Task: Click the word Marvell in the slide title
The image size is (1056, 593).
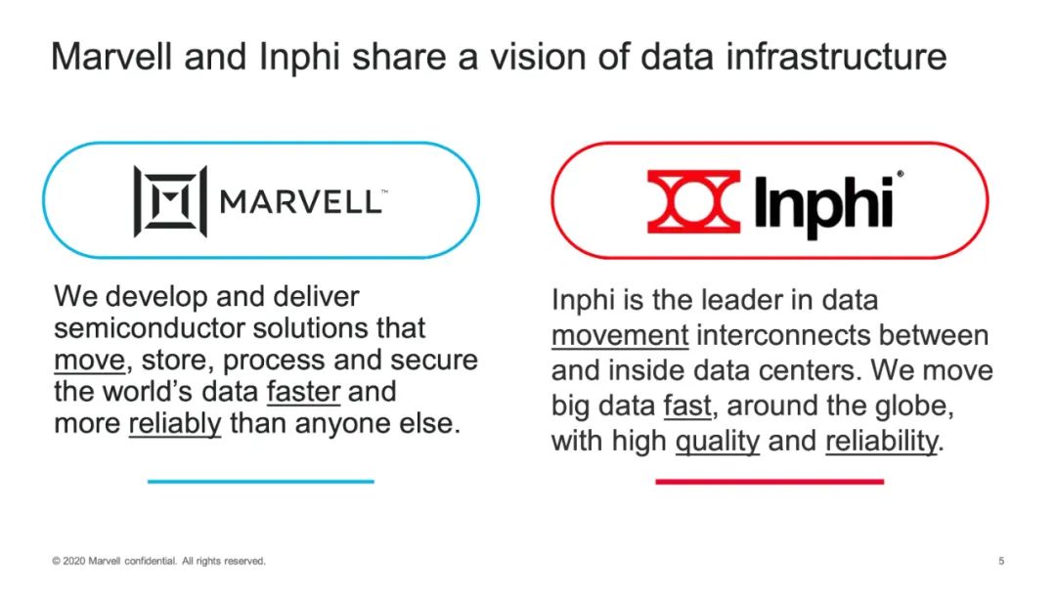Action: (x=111, y=56)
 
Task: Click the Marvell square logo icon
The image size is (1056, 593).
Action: (x=170, y=201)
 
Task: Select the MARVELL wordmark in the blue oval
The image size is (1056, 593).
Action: (x=304, y=202)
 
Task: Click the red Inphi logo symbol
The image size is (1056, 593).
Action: (x=693, y=201)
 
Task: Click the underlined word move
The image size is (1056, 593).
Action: (x=90, y=360)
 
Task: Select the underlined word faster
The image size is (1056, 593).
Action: (x=304, y=392)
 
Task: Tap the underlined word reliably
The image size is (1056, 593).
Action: (x=175, y=424)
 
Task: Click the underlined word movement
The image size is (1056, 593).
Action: (x=620, y=335)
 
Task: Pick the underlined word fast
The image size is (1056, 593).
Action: (x=687, y=405)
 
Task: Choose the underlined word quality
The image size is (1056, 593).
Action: (x=718, y=442)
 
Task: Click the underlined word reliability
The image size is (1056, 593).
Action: (x=882, y=442)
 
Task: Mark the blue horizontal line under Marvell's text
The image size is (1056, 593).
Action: (x=261, y=482)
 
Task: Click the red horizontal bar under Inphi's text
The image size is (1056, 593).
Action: (x=770, y=482)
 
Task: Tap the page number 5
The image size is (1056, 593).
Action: (x=1001, y=561)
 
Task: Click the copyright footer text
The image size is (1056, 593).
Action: (x=159, y=561)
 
